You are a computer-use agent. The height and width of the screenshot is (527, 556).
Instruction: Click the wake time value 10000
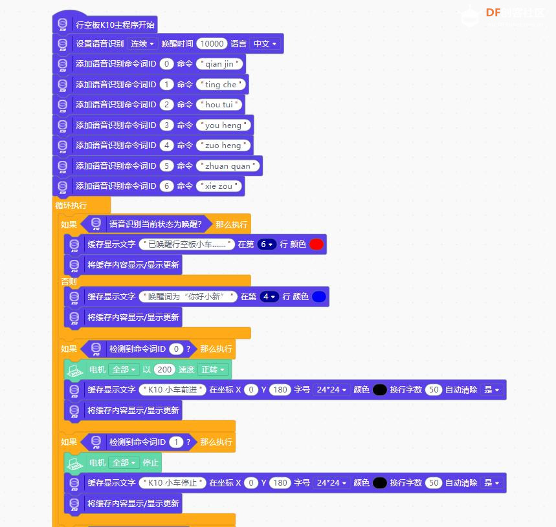click(x=212, y=43)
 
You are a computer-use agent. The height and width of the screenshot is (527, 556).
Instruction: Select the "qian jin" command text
click(x=219, y=64)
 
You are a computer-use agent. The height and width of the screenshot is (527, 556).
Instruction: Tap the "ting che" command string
click(x=221, y=84)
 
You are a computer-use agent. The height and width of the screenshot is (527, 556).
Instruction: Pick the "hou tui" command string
click(x=219, y=105)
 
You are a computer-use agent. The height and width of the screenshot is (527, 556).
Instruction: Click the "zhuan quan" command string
click(x=228, y=166)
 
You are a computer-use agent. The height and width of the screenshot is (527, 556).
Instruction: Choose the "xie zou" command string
click(x=219, y=186)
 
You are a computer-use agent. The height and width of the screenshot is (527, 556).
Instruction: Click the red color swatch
click(x=317, y=244)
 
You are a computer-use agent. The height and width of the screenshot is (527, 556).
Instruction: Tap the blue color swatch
click(x=319, y=296)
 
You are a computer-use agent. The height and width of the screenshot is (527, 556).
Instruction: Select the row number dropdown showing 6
click(x=267, y=244)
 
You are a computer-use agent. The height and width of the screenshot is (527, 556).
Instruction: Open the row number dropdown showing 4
click(x=269, y=296)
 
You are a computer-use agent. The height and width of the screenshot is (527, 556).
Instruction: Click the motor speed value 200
click(x=164, y=369)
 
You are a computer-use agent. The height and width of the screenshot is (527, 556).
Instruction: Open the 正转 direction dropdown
click(x=213, y=369)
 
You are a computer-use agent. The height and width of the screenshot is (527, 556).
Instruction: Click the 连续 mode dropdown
click(x=142, y=43)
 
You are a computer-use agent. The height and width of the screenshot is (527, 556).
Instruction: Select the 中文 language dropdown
click(x=265, y=43)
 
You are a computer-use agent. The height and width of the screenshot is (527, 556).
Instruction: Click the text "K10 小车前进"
click(x=172, y=389)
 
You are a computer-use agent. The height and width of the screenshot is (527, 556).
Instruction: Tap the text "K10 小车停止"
click(x=172, y=483)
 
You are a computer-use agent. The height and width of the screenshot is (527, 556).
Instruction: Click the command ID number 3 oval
click(x=166, y=125)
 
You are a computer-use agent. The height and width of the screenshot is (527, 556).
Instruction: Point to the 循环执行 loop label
click(x=71, y=206)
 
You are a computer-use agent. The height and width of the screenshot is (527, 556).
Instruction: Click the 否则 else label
click(x=69, y=281)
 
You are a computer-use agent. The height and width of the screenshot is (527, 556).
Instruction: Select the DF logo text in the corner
click(x=493, y=13)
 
